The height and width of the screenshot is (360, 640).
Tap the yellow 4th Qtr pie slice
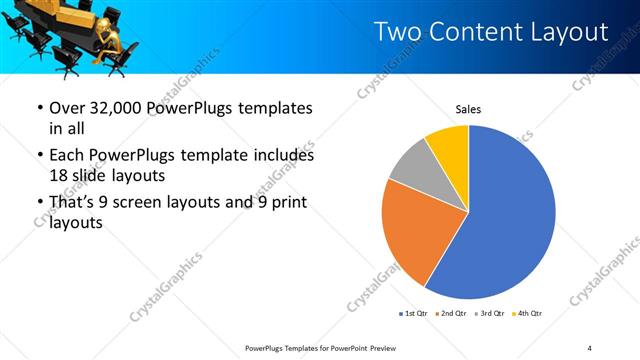[448, 146]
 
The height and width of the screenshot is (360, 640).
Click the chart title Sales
[469, 109]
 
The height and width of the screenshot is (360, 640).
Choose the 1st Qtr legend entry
[415, 314]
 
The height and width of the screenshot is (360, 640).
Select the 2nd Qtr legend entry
[452, 314]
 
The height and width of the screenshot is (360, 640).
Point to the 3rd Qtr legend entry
[489, 314]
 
